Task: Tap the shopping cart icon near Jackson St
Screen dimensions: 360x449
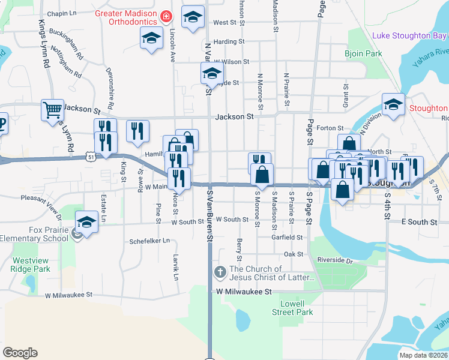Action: (x=53, y=109)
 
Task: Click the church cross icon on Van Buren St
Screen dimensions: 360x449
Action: (x=220, y=273)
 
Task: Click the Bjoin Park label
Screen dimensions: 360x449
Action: (x=363, y=54)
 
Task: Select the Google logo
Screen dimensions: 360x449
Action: (x=20, y=353)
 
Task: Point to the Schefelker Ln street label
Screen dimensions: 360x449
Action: (x=149, y=241)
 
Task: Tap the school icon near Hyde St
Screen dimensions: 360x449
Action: (x=211, y=74)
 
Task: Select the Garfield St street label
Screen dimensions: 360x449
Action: (x=286, y=237)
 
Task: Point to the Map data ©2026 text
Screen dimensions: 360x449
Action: (x=424, y=355)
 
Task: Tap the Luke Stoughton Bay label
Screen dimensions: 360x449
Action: (x=409, y=35)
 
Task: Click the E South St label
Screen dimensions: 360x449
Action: (x=419, y=222)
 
